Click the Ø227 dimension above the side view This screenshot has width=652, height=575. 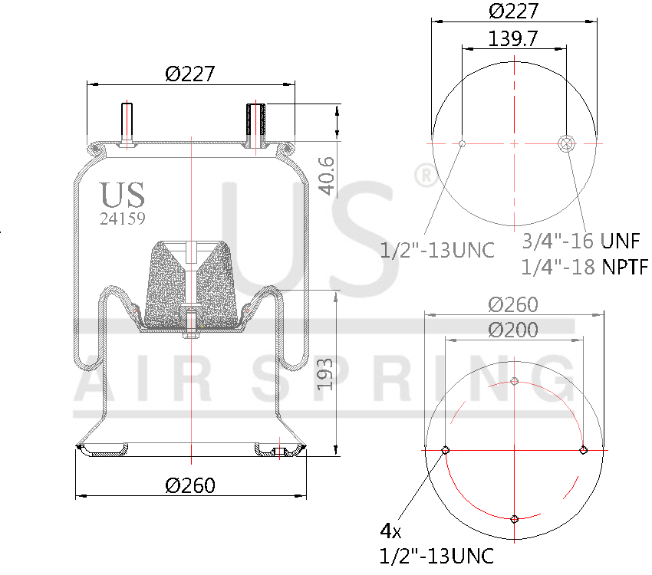189,74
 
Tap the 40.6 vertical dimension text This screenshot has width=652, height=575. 326,174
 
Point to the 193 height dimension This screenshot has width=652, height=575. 326,373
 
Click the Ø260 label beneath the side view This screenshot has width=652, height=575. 190,485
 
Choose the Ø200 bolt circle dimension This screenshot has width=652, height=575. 513,330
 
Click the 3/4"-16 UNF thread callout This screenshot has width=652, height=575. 581,241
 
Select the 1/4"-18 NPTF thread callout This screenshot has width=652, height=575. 584,267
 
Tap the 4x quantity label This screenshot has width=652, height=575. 390,531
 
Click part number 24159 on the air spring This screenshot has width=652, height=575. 123,218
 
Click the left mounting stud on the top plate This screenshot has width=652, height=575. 126,123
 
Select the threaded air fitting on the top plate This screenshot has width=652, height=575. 255,123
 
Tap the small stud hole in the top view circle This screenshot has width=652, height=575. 462,143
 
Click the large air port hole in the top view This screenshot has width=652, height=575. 567,143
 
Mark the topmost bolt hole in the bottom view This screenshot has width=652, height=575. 515,381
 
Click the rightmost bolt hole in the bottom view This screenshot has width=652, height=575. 583,450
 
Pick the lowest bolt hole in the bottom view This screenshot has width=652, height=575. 515,519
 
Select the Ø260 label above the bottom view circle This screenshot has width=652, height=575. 513,304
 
